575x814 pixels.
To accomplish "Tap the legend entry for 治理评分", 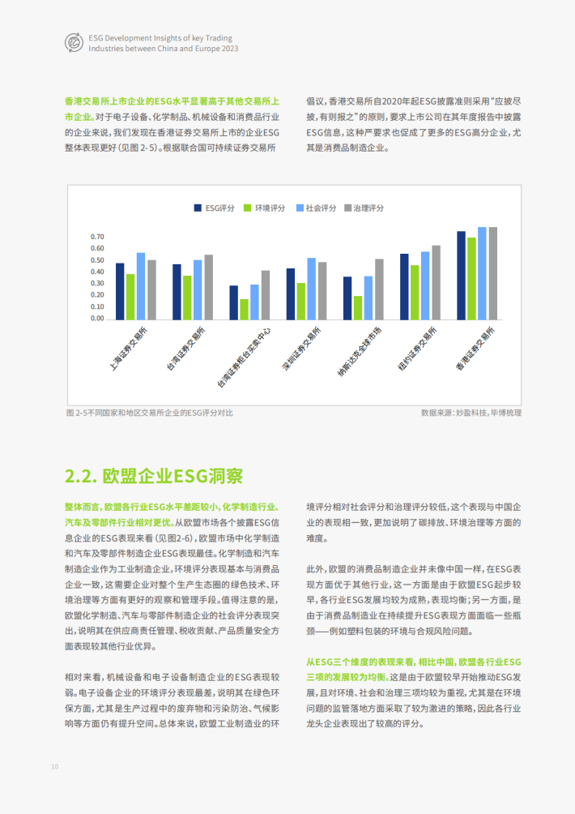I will tap(364, 208).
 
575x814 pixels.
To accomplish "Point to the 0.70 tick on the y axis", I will tap(97, 237).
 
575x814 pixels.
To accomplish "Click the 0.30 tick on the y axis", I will tap(97, 283).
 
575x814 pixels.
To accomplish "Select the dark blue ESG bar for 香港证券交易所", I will tap(461, 275).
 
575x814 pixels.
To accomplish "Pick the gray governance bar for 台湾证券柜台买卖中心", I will tap(265, 294).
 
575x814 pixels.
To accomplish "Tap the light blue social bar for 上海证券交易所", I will tap(141, 285).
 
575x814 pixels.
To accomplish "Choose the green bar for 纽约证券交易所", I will tap(415, 292).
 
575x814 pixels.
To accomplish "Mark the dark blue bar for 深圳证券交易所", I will tap(290, 293).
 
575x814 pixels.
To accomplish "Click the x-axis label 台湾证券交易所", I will tap(185, 350).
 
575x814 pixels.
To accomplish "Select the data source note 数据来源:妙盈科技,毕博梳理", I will tap(471, 413).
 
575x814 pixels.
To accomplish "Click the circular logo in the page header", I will tap(72, 43).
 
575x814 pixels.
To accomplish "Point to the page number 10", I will tap(54, 766).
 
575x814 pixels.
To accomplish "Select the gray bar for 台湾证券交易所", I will tap(208, 286).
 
